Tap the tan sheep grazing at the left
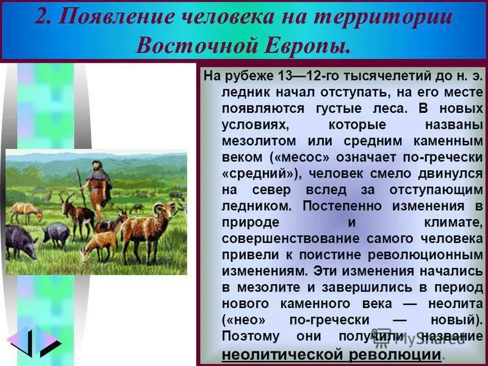click(x=26, y=211)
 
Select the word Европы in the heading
click(x=311, y=43)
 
